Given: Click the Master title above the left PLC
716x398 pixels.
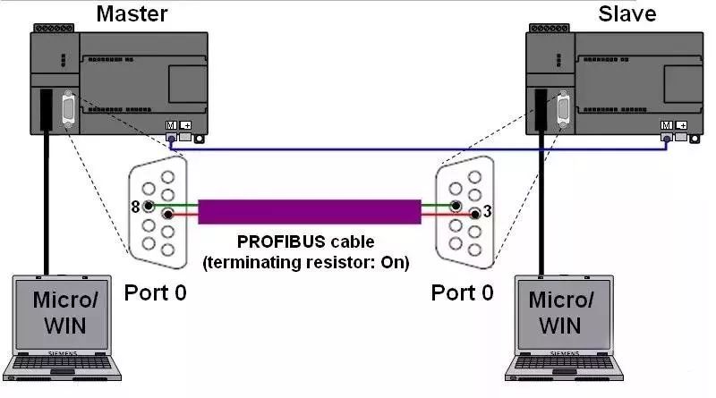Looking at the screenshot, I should [131, 13].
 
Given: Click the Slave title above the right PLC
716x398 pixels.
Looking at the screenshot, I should [627, 13].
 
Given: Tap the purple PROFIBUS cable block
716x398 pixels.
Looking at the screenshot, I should [309, 212].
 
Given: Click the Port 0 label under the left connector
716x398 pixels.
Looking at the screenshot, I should [155, 292].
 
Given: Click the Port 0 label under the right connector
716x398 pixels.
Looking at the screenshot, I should [462, 292].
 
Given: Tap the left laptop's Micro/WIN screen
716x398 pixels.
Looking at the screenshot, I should [61, 312].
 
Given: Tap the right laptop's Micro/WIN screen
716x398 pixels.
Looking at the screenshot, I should [565, 312].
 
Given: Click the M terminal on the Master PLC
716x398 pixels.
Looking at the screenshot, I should [170, 126].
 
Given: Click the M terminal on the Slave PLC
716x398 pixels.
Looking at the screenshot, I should [666, 126].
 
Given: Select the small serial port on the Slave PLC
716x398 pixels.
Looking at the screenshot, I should [564, 112].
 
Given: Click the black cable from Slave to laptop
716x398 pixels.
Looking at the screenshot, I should [541, 206].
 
